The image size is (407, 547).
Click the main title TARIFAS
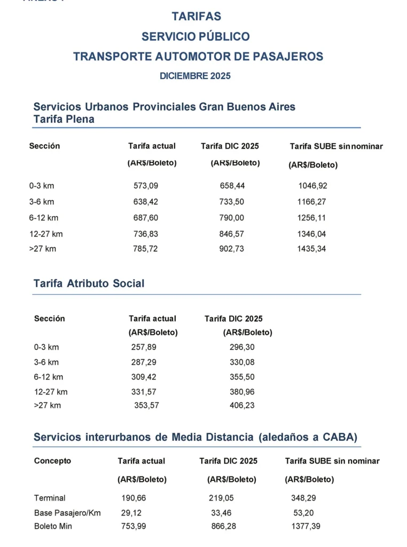(196, 17)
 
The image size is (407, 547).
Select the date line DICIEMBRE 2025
(195, 76)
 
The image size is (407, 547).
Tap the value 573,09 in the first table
(146, 186)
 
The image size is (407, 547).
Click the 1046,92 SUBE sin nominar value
(312, 186)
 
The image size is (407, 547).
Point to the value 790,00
(232, 218)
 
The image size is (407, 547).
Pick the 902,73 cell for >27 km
(232, 249)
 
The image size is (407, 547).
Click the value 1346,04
(311, 234)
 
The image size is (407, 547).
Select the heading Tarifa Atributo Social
(89, 283)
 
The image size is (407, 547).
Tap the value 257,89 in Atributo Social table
(144, 347)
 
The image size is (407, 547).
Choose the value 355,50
(242, 377)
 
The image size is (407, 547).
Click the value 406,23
(242, 405)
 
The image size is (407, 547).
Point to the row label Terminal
(50, 498)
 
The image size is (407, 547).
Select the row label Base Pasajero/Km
(67, 513)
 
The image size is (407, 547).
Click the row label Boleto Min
(53, 526)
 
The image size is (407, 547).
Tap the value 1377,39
(306, 526)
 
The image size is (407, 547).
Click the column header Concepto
(52, 460)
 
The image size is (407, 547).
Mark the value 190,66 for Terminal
(134, 498)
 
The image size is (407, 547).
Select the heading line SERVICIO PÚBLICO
(195, 36)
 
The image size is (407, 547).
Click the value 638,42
(146, 202)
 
